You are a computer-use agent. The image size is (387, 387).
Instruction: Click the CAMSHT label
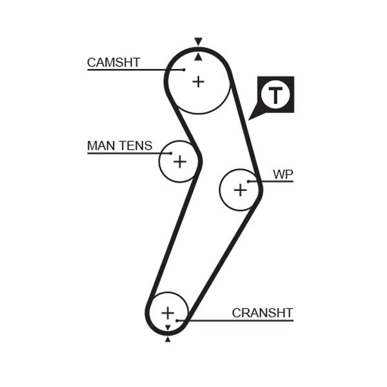click(114, 63)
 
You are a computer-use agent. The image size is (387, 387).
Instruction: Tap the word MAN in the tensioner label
click(101, 146)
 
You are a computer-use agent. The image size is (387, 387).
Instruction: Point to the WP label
click(283, 174)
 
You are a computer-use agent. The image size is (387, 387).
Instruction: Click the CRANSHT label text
click(263, 313)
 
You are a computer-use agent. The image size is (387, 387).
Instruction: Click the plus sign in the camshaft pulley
click(198, 81)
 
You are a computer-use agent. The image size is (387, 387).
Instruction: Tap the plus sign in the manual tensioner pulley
click(179, 161)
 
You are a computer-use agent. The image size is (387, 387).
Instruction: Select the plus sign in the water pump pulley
click(240, 190)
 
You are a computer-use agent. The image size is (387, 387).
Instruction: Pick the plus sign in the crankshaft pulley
click(168, 313)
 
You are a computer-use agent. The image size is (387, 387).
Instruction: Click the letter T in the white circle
click(275, 95)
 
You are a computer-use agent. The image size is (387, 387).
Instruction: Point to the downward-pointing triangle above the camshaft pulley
click(198, 41)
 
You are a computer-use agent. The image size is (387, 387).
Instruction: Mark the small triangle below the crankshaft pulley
click(168, 339)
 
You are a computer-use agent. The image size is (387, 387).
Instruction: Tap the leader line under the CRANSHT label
click(239, 321)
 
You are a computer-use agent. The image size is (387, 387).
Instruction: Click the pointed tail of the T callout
click(252, 117)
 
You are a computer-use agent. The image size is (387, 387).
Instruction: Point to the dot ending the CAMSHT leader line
click(184, 70)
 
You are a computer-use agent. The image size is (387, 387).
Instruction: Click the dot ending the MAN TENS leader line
click(171, 154)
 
